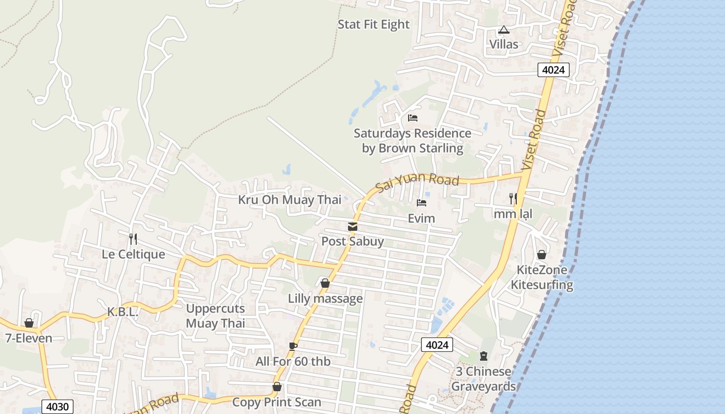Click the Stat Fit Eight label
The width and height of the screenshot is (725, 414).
point(373,24)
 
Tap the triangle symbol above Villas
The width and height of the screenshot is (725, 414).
point(504,30)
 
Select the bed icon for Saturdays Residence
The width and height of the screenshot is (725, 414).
point(413,118)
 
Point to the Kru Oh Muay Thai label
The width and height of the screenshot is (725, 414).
point(289,200)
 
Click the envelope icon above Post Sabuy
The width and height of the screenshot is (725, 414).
point(353,227)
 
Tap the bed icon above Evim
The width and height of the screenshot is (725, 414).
point(422,203)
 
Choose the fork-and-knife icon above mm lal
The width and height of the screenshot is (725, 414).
point(513,198)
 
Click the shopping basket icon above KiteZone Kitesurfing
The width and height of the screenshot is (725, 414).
point(542,255)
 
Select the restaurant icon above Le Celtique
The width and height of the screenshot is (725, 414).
point(133,239)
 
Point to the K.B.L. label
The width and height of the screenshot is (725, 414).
point(123,312)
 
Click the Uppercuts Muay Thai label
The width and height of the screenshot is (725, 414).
point(215,316)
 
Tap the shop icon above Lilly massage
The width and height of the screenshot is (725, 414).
point(325,284)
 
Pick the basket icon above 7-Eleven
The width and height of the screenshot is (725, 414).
point(29,323)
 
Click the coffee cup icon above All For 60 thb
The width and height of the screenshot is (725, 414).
point(293,346)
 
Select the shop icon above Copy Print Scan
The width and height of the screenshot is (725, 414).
point(277,387)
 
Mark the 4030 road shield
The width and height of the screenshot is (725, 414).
point(57,407)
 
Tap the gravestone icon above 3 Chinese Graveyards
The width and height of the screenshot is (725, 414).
point(484,356)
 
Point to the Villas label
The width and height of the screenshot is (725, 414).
point(504,45)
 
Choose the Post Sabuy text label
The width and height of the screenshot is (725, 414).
point(353,241)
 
